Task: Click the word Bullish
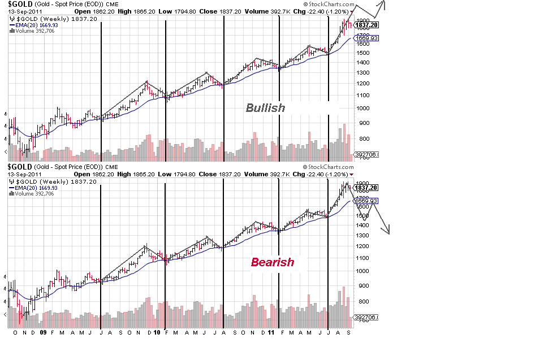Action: pyautogui.click(x=265, y=107)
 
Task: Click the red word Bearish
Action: pyautogui.click(x=273, y=262)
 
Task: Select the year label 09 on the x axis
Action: pyautogui.click(x=43, y=333)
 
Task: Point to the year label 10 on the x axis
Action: pyautogui.click(x=157, y=333)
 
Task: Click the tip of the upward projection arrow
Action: pyautogui.click(x=383, y=2)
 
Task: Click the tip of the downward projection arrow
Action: pyautogui.click(x=387, y=233)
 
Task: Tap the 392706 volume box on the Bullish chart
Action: pyautogui.click(x=366, y=154)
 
